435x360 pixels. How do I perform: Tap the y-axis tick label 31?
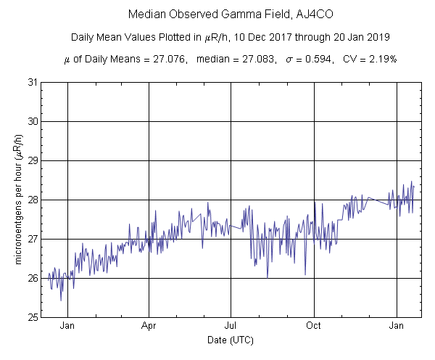(32, 82)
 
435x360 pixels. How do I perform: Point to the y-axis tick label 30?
(32, 121)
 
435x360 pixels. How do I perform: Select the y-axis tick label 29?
(32, 160)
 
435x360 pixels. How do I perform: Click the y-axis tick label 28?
(32, 200)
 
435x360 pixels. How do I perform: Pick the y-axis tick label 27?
(32, 239)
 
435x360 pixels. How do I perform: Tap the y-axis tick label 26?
(32, 278)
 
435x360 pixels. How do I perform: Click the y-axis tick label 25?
(32, 317)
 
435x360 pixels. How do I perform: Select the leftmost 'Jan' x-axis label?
(67, 325)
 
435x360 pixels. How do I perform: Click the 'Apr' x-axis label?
(149, 325)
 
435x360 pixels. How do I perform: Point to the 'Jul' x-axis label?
(231, 325)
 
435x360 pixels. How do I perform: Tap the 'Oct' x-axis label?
(314, 325)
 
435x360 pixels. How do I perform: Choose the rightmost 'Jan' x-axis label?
(397, 325)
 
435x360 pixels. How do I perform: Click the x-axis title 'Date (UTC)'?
(231, 339)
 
